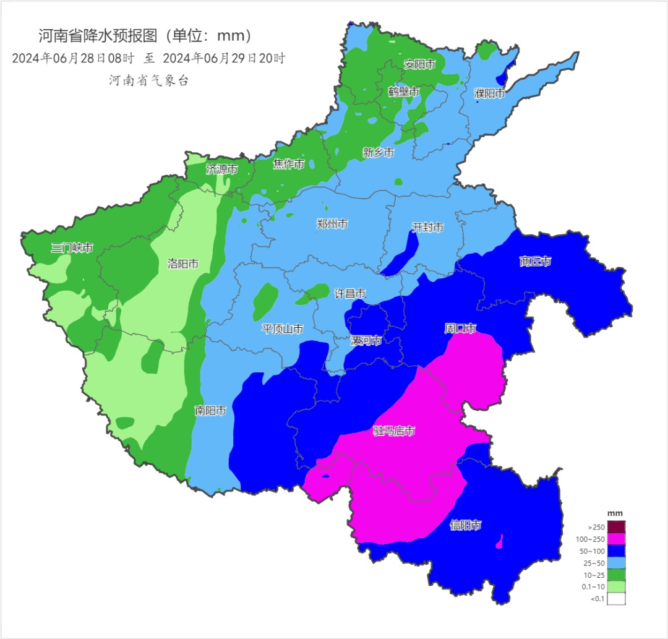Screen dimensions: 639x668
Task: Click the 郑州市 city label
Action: pyautogui.click(x=332, y=225)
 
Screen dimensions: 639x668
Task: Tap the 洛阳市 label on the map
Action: pyautogui.click(x=183, y=264)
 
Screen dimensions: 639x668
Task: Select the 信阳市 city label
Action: pyautogui.click(x=465, y=526)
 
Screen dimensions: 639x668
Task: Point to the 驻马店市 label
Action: pyautogui.click(x=394, y=431)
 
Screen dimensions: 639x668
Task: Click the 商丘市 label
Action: pyautogui.click(x=535, y=262)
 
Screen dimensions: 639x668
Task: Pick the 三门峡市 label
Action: pyautogui.click(x=72, y=249)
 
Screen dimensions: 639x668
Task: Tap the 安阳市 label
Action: pyautogui.click(x=420, y=64)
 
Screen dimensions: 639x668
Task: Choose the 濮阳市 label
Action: pyautogui.click(x=489, y=93)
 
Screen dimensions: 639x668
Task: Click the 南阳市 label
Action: pyautogui.click(x=210, y=411)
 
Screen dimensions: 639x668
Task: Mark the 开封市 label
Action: pyautogui.click(x=428, y=228)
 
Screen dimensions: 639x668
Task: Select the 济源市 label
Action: pyautogui.click(x=221, y=169)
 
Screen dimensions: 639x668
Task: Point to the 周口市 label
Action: pyautogui.click(x=460, y=328)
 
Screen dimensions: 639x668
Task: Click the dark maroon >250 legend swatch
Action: pyautogui.click(x=616, y=527)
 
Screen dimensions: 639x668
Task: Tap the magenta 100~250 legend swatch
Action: pyautogui.click(x=616, y=539)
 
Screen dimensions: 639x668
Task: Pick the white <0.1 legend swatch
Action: pyautogui.click(x=616, y=598)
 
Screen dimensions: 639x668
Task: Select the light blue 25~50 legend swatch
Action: pyautogui.click(x=616, y=563)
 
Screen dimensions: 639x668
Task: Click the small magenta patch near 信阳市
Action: pyautogui.click(x=499, y=542)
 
